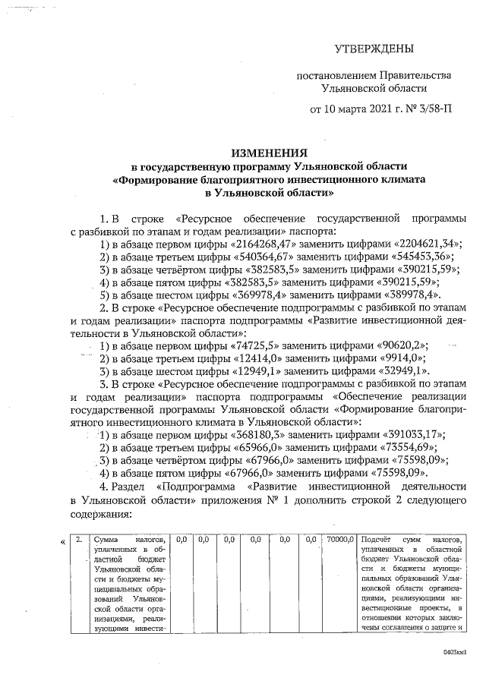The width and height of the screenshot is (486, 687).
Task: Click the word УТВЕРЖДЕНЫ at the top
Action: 374,50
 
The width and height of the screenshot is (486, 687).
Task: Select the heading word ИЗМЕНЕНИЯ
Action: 270,153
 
